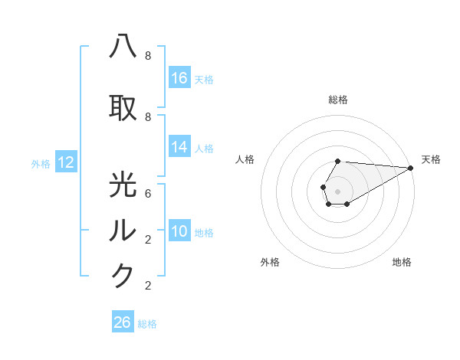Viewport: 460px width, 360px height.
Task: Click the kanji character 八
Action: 123,47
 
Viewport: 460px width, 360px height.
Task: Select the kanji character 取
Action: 123,108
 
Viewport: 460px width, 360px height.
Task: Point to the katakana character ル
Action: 123,230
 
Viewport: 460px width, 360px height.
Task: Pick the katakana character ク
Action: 123,277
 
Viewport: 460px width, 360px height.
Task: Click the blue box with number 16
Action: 179,78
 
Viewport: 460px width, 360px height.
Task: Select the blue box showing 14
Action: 179,148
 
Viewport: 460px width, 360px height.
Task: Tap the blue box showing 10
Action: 179,232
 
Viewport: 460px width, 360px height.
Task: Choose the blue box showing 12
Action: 66,162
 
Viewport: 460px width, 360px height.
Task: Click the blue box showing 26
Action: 123,322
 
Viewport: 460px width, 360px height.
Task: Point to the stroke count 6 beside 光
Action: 147,193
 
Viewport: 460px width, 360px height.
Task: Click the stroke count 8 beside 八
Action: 147,56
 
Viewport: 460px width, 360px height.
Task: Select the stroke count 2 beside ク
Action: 147,286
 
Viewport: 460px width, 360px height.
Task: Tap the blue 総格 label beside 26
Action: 147,324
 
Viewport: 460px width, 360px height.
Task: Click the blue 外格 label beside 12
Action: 41,163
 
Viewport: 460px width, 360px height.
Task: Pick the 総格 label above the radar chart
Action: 338,100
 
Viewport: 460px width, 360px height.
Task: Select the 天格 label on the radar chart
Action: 431,159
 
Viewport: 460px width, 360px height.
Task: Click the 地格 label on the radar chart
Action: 402,262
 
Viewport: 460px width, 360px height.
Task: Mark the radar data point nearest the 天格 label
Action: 411,168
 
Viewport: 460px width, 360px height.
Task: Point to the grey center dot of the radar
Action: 337,190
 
